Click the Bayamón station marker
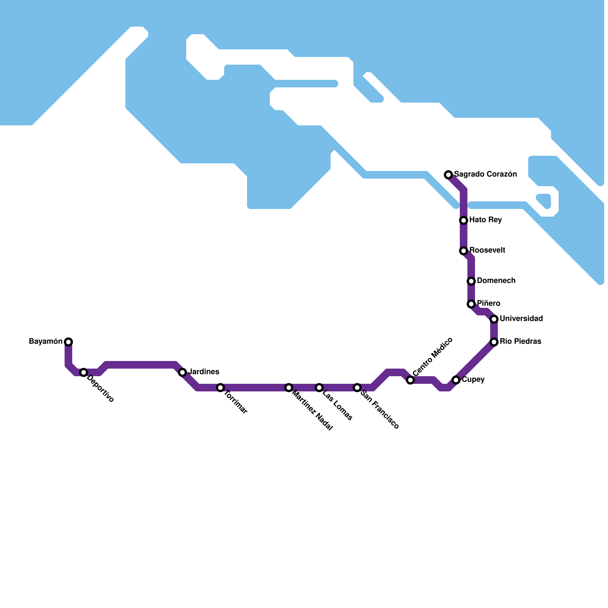tap(68, 342)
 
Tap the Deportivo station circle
tap(84, 372)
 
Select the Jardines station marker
tap(182, 372)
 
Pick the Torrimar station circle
tap(220, 388)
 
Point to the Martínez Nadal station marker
tap(289, 388)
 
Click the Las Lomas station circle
tap(319, 388)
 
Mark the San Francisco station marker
tap(357, 388)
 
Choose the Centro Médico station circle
tap(410, 380)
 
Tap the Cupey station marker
tap(456, 380)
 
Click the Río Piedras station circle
tap(494, 342)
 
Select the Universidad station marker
tap(494, 319)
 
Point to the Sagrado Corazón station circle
tap(448, 175)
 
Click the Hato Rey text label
tap(485, 220)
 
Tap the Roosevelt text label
tap(487, 250)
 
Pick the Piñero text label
tap(488, 304)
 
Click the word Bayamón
tap(46, 342)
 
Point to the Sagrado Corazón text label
tap(485, 174)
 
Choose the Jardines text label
tap(204, 372)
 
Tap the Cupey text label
tap(473, 380)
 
